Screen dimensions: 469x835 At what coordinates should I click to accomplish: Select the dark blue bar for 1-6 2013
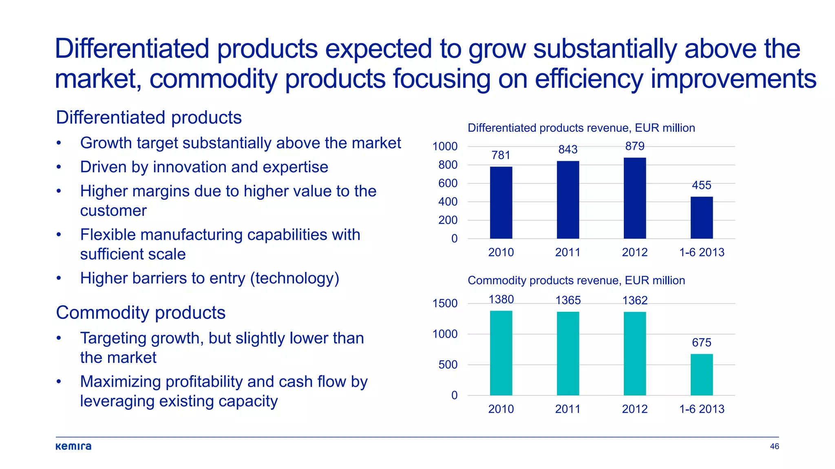pos(701,218)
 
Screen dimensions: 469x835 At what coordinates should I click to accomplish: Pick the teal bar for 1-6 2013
pos(701,375)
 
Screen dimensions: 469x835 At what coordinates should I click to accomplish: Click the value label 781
pos(501,155)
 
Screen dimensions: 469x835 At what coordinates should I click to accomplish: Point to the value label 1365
pos(568,300)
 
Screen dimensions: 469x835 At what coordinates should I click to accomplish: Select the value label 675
pos(701,342)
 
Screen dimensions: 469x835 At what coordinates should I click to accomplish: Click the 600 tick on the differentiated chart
pos(448,183)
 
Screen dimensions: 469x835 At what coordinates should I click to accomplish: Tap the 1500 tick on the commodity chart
pos(445,303)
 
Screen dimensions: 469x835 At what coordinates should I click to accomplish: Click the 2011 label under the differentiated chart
pos(568,252)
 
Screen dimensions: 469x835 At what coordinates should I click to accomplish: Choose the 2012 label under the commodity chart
pos(634,409)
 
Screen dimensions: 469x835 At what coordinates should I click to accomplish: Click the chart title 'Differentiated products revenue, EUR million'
pos(581,128)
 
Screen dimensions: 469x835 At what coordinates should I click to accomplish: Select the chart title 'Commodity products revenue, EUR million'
pos(576,281)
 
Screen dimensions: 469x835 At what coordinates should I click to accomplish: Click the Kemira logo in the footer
pos(73,446)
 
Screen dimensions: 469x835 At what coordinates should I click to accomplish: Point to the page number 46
pos(774,446)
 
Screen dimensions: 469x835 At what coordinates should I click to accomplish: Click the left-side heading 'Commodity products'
pos(141,313)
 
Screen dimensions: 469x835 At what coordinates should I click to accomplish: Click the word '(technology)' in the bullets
pos(294,278)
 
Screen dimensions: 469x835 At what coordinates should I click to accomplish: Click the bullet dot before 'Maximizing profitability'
pos(59,382)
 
